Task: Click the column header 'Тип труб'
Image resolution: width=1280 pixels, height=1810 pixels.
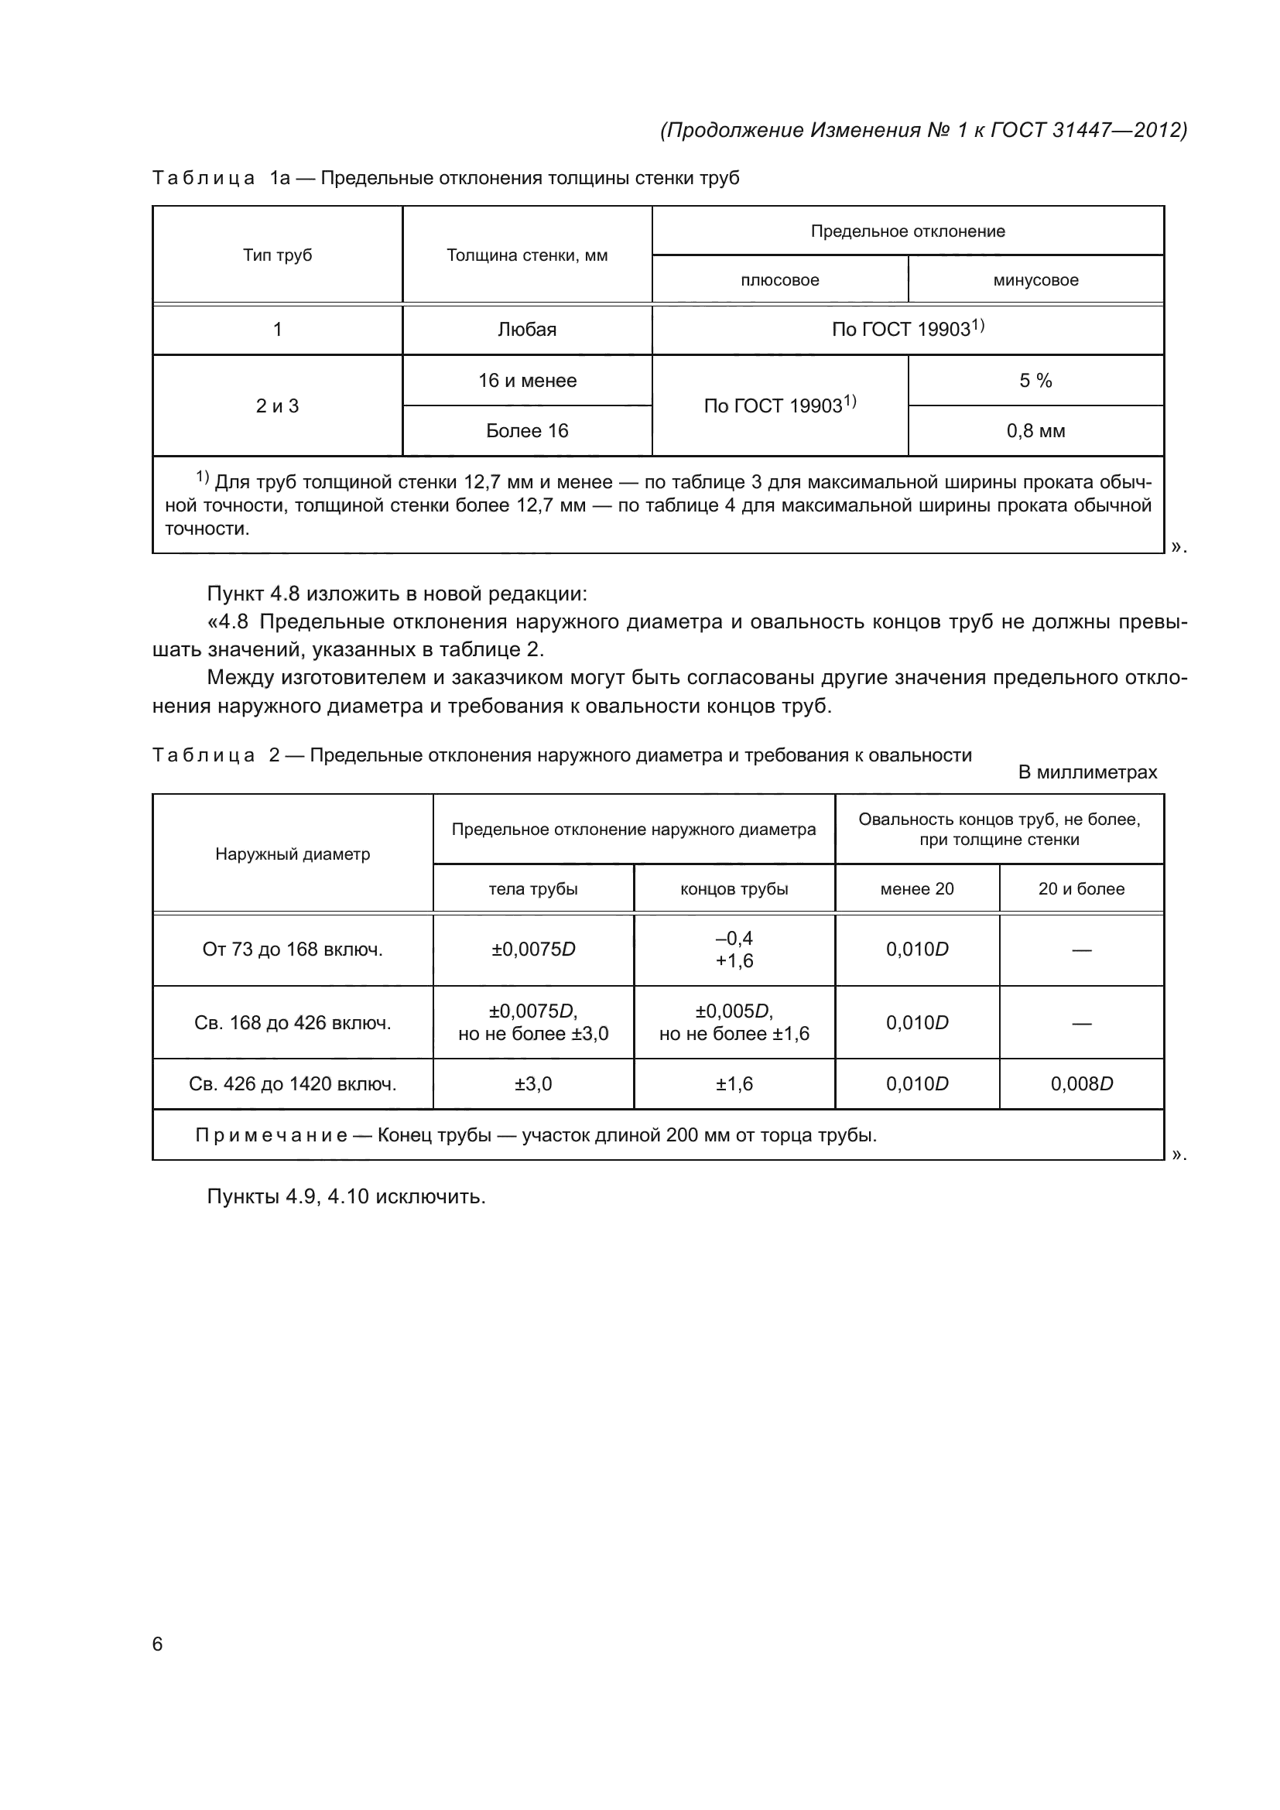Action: [278, 255]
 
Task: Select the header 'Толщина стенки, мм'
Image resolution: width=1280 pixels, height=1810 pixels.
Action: [526, 255]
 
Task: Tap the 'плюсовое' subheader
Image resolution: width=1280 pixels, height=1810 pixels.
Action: [779, 280]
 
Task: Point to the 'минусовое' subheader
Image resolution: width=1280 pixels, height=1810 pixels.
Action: [1035, 280]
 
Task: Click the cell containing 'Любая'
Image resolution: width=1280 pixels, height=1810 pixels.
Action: [526, 330]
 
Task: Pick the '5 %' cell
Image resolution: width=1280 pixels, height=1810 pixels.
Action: [1035, 381]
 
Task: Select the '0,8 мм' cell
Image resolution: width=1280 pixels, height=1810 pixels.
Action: [1035, 431]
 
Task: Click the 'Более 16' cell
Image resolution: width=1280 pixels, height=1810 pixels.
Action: [526, 431]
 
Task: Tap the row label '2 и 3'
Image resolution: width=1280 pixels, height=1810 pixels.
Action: [278, 406]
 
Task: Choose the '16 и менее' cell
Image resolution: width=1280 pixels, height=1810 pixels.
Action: [526, 381]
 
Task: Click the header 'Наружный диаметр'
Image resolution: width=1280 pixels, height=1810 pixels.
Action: [293, 854]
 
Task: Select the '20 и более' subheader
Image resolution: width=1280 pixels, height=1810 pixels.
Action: [1081, 889]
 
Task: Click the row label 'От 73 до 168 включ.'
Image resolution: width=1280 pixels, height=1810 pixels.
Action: [293, 949]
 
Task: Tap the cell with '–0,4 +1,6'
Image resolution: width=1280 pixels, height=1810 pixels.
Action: [734, 949]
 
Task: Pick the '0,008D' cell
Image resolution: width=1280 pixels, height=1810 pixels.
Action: [1081, 1084]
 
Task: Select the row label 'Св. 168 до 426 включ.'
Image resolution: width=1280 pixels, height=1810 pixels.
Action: [293, 1023]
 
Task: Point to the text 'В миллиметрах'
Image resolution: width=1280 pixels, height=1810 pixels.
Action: [1087, 772]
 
